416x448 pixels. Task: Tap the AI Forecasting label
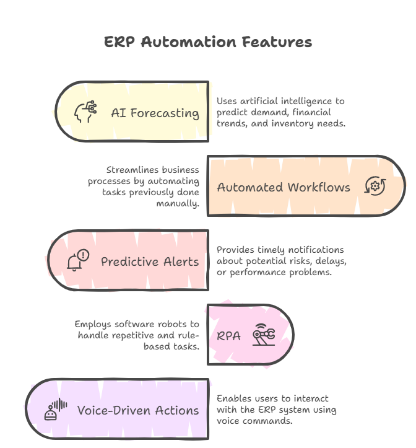[155, 113]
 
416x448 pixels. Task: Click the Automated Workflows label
[284, 187]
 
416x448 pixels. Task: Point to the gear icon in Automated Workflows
[375, 186]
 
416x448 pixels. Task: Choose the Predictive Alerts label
[150, 261]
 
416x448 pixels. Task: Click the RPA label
[228, 336]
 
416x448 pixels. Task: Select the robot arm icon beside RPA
[264, 335]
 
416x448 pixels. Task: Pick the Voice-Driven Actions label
[138, 410]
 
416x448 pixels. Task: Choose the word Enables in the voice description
[233, 398]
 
